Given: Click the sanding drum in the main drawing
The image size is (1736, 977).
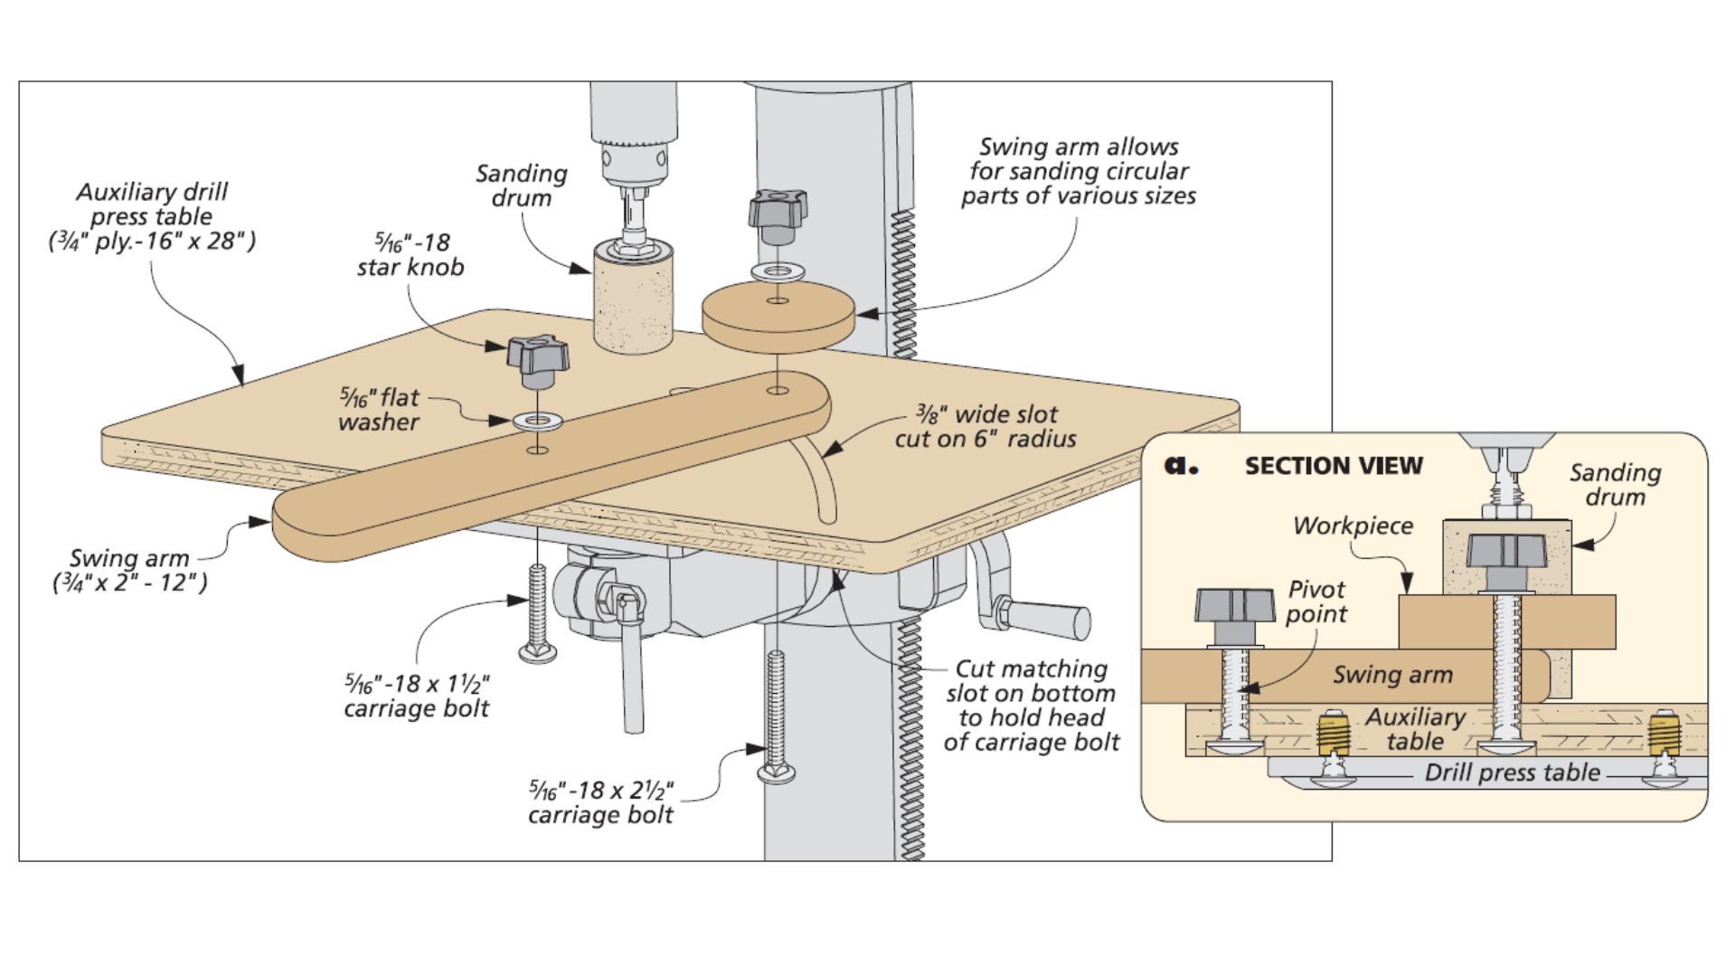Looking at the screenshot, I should pyautogui.click(x=633, y=299).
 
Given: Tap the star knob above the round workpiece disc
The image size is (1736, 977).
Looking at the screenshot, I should pyautogui.click(x=777, y=213).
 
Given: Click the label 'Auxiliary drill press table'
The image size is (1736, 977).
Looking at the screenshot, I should pyautogui.click(x=152, y=216).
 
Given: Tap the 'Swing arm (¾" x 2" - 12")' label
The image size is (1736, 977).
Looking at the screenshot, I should pyautogui.click(x=129, y=570).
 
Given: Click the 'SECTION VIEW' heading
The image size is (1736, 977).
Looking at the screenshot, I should pyautogui.click(x=1333, y=466).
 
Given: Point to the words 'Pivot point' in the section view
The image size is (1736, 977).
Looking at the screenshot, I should pyautogui.click(x=1316, y=602).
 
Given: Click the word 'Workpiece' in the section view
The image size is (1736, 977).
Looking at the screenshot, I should pyautogui.click(x=1353, y=526).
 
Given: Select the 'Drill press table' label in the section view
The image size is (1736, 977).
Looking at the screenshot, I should pyautogui.click(x=1512, y=773).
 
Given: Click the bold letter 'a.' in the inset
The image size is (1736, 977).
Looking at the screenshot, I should pyautogui.click(x=1181, y=465).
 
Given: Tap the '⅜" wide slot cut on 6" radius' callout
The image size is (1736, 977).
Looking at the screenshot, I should pyautogui.click(x=986, y=427).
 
